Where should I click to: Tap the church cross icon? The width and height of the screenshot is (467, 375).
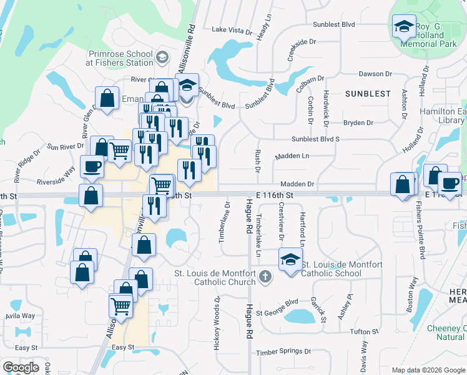(x=265, y=276)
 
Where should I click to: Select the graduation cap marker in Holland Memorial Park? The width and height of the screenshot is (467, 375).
(x=404, y=27)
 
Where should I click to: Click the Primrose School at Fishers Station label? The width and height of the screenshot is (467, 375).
(x=119, y=58)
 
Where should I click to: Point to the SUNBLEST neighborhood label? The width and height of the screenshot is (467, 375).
(x=367, y=94)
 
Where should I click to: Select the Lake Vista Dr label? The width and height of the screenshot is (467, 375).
(x=232, y=29)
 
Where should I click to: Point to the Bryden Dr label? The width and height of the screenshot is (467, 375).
(x=358, y=123)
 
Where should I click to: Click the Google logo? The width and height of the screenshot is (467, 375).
(x=21, y=367)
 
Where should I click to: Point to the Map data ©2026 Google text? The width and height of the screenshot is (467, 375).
(x=428, y=370)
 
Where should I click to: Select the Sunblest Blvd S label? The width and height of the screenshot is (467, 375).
(x=315, y=139)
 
